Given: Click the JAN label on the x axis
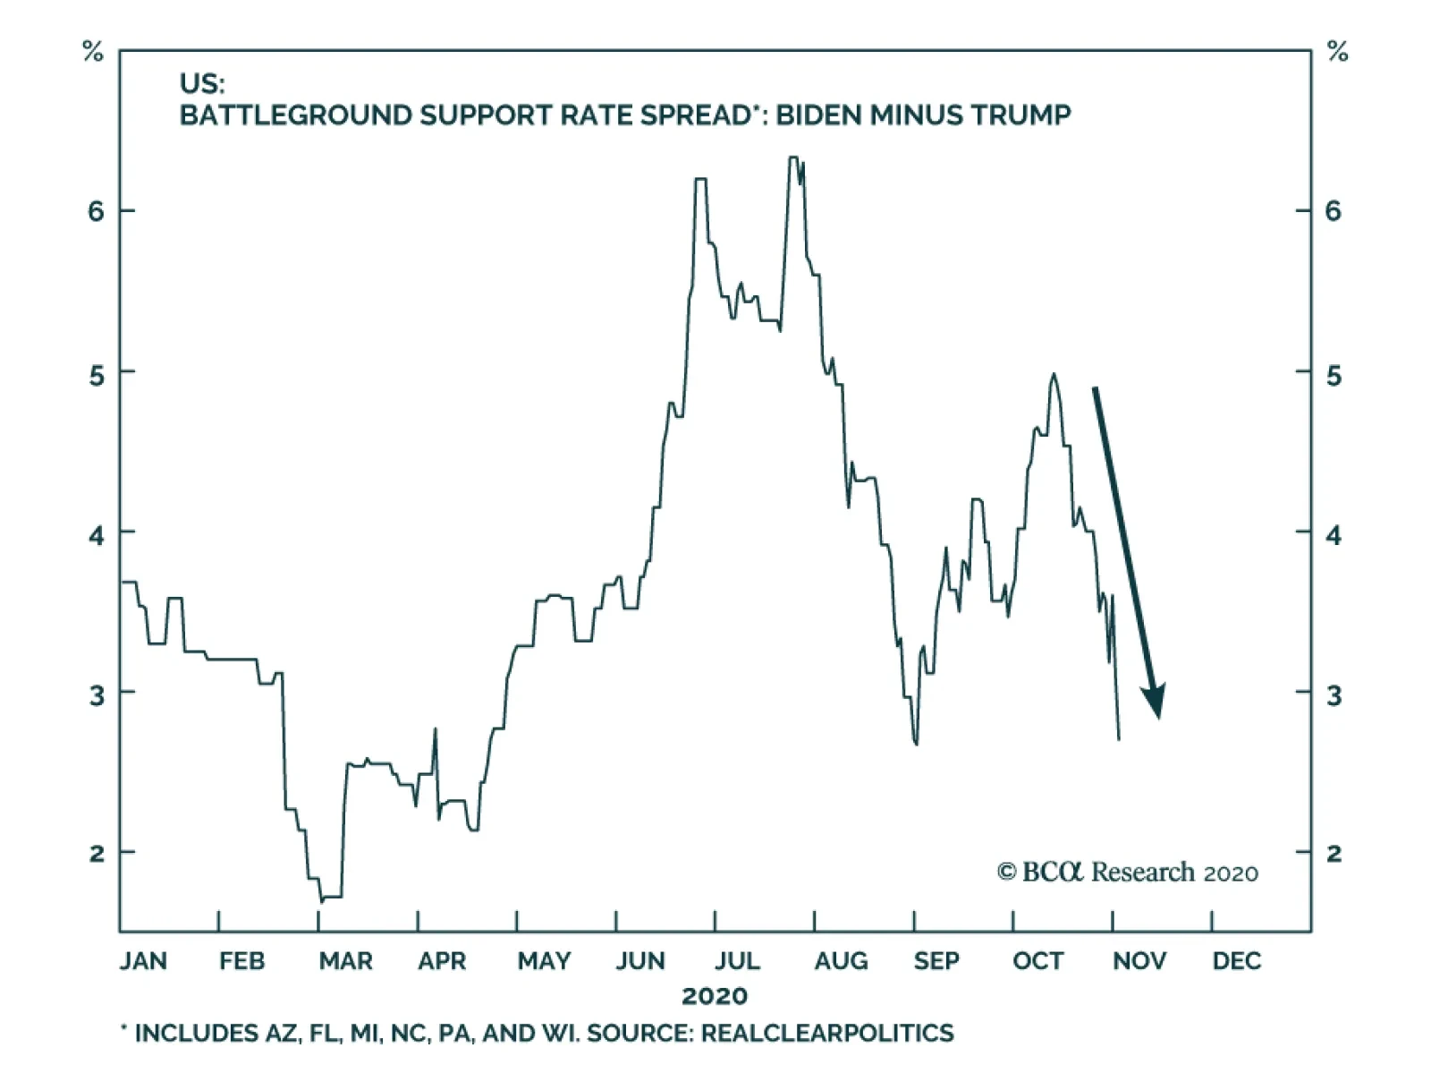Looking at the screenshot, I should pyautogui.click(x=143, y=961).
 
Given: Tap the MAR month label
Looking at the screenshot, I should pyautogui.click(x=345, y=961).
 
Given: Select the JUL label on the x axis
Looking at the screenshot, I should pyautogui.click(x=737, y=961).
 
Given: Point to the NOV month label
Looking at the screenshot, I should pyautogui.click(x=1139, y=961).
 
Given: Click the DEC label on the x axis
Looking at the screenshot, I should pyautogui.click(x=1237, y=961).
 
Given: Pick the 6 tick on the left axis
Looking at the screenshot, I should pyautogui.click(x=96, y=211).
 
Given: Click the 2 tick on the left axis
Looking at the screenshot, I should pyautogui.click(x=96, y=853).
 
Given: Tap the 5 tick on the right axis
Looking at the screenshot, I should pyautogui.click(x=1334, y=375).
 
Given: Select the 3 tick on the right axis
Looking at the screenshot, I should pyautogui.click(x=1334, y=695).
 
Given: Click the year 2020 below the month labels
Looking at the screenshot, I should pyautogui.click(x=715, y=996).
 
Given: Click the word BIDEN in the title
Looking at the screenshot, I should pyautogui.click(x=818, y=115).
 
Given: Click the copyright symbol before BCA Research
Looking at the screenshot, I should pyautogui.click(x=1006, y=872).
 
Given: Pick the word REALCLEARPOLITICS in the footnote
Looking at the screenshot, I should pyautogui.click(x=827, y=1034).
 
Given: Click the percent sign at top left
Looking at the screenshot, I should pyautogui.click(x=92, y=52).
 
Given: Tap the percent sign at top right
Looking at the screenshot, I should pyautogui.click(x=1337, y=52).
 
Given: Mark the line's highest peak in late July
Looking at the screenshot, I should pyautogui.click(x=793, y=158).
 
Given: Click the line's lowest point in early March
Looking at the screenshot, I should pyautogui.click(x=321, y=900).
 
